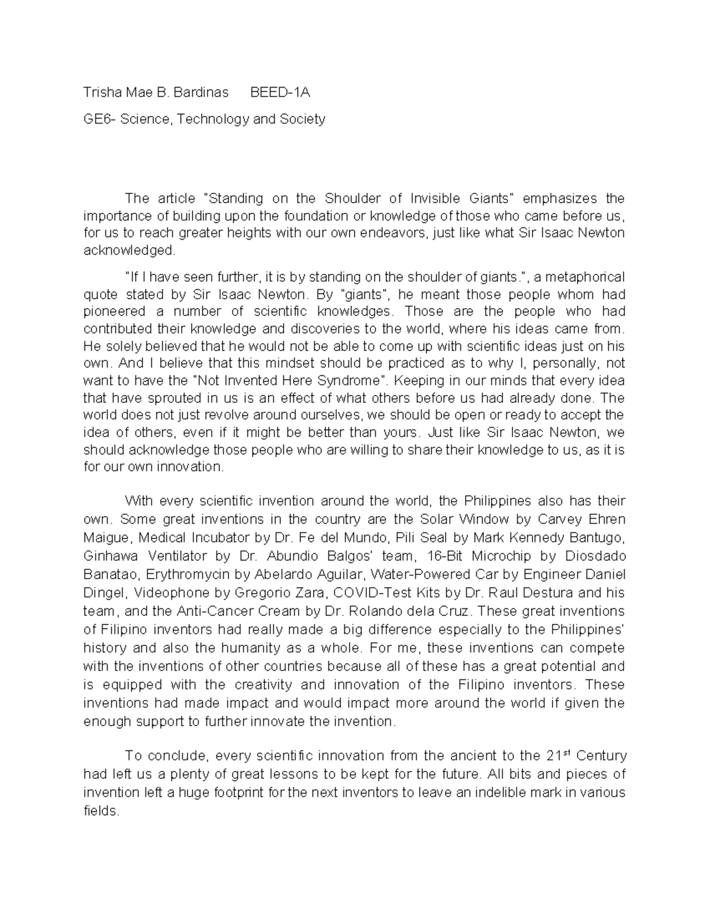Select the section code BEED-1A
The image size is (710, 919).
point(280,93)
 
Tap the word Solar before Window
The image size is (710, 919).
point(437,520)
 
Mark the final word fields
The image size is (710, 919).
point(101,811)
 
